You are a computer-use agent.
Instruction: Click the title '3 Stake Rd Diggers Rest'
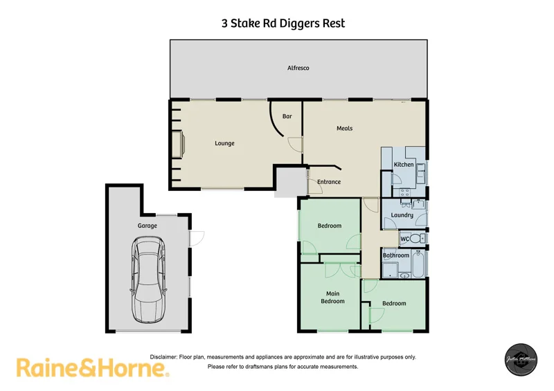[283, 24]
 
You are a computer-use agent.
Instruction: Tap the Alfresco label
[298, 68]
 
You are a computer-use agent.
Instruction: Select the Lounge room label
[224, 143]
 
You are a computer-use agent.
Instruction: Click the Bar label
[287, 116]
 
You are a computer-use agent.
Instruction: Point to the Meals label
[344, 128]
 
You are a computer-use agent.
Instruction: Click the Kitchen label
[404, 165]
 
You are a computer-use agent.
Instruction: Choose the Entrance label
[329, 182]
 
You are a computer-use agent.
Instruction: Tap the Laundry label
[402, 215]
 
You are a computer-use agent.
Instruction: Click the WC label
[404, 239]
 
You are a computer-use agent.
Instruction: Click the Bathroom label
[396, 255]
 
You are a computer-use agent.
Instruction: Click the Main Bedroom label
[332, 297]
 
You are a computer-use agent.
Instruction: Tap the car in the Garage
[149, 278]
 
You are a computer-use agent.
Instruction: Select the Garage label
[147, 226]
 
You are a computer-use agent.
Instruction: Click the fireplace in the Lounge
[179, 145]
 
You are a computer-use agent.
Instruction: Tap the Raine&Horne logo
[93, 367]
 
